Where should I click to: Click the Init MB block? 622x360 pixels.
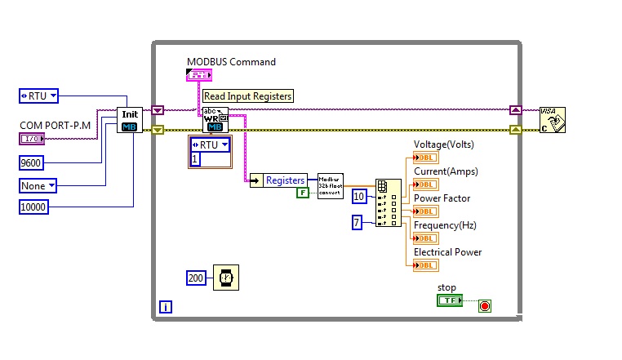tap(129, 120)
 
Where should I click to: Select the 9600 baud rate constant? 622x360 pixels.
tap(31, 163)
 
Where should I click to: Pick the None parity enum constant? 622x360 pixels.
tap(38, 185)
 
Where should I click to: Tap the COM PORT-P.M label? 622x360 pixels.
tap(54, 125)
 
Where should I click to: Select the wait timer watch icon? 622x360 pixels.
tap(226, 278)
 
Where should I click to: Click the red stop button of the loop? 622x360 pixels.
tap(485, 306)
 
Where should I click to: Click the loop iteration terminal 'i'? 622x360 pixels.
tap(166, 307)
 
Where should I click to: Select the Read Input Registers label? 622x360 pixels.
tap(247, 96)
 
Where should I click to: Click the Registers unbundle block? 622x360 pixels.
tap(278, 180)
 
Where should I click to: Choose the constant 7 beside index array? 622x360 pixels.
tap(357, 222)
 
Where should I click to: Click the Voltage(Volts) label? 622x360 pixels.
tap(443, 144)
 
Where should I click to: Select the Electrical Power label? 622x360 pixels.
tap(447, 252)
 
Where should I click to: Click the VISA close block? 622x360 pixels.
tap(552, 120)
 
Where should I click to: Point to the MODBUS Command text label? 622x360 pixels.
tap(231, 62)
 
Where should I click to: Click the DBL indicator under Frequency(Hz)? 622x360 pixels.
tap(426, 238)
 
